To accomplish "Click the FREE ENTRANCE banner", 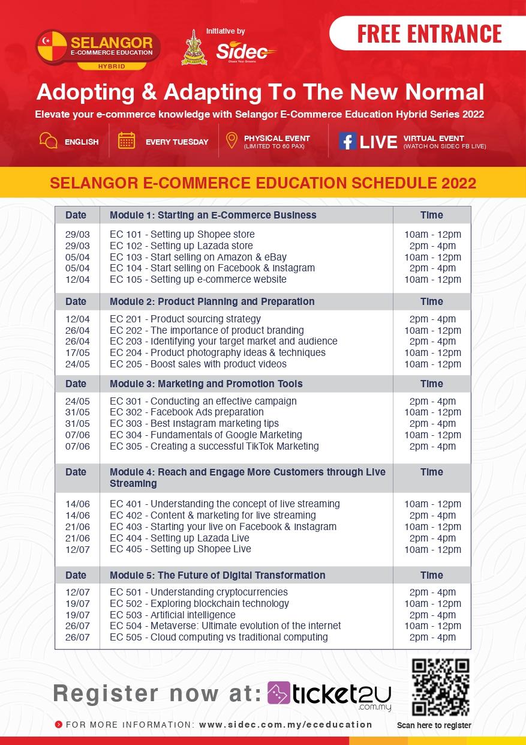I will point(429,34).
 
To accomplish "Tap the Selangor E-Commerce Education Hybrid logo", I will point(98,49).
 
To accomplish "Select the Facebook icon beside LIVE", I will point(347,140).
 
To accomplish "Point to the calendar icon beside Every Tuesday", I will point(127,140).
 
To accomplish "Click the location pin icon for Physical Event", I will point(231,140).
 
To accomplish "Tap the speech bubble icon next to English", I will point(48,140).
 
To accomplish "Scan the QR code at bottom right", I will point(440,688).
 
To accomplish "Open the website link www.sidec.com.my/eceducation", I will point(285,725).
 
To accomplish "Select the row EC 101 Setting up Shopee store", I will point(182,234).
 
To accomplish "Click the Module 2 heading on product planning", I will point(212,301).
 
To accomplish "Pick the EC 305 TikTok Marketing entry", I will point(214,446).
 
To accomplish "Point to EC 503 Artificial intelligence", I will point(173,615).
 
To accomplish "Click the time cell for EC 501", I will point(432,593).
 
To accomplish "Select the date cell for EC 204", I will point(77,352).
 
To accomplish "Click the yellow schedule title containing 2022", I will point(263,183).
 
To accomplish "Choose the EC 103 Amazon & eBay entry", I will point(198,257).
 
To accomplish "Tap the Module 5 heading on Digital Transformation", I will point(217,575).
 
